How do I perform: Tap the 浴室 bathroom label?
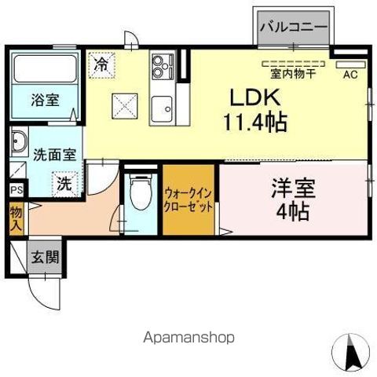(44, 100)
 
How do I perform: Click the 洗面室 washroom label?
(54, 154)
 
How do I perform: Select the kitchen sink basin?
(163, 105)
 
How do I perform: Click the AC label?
(350, 75)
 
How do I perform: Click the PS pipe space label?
(16, 190)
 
